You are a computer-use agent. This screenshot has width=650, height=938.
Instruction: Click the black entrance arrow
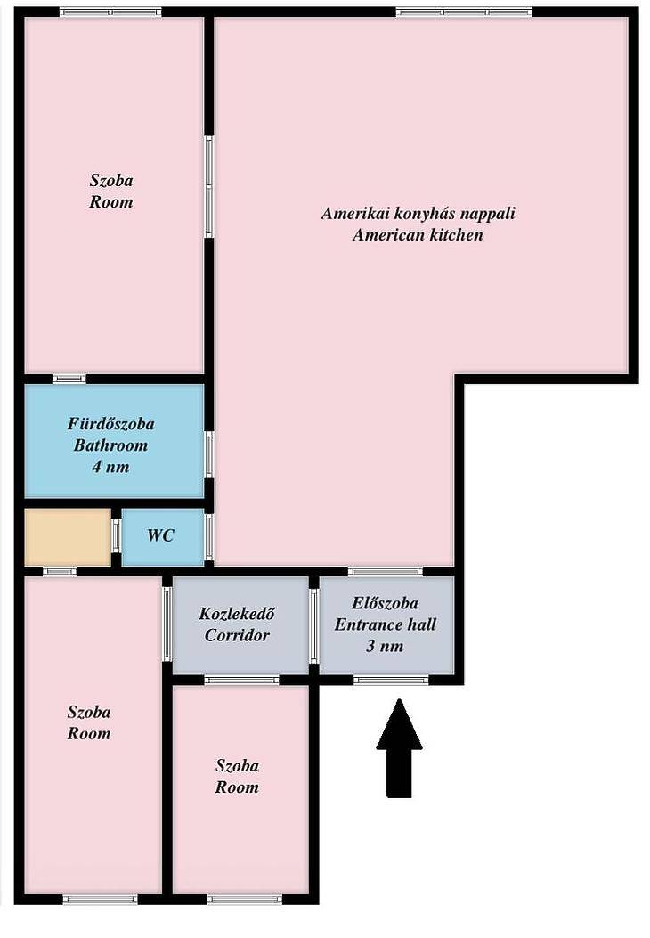pyautogui.click(x=399, y=748)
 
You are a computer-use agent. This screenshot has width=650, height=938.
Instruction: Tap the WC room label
pyautogui.click(x=161, y=534)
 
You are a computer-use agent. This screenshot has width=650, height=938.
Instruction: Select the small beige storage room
pyautogui.click(x=68, y=536)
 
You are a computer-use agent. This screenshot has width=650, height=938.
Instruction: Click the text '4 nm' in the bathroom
pyautogui.click(x=110, y=467)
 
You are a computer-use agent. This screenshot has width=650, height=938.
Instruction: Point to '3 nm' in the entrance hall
pyautogui.click(x=385, y=646)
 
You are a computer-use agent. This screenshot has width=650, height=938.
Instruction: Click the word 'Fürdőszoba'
pyautogui.click(x=110, y=423)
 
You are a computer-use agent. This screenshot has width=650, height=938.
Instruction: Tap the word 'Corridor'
pyautogui.click(x=237, y=635)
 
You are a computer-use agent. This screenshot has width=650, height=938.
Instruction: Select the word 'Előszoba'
pyautogui.click(x=385, y=603)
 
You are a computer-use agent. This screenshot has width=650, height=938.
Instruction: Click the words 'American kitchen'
pyautogui.click(x=418, y=235)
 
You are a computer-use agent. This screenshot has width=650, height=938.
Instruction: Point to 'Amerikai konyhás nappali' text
pyautogui.click(x=418, y=214)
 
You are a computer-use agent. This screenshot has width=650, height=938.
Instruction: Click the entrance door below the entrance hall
pyautogui.click(x=391, y=680)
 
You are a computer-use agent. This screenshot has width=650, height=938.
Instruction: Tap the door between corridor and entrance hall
pyautogui.click(x=314, y=625)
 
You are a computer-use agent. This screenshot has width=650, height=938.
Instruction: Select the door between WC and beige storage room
pyautogui.click(x=116, y=536)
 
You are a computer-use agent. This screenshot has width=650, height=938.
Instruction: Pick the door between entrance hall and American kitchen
pyautogui.click(x=386, y=571)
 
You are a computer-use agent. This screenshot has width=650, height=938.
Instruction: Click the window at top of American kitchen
pyautogui.click(x=464, y=12)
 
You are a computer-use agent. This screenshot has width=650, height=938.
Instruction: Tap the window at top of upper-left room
pyautogui.click(x=110, y=12)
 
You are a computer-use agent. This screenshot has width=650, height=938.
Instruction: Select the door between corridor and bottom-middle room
pyautogui.click(x=241, y=680)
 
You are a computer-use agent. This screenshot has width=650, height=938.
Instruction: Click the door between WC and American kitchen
pyautogui.click(x=209, y=537)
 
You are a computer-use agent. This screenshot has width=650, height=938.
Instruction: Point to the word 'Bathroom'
pyautogui.click(x=110, y=445)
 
